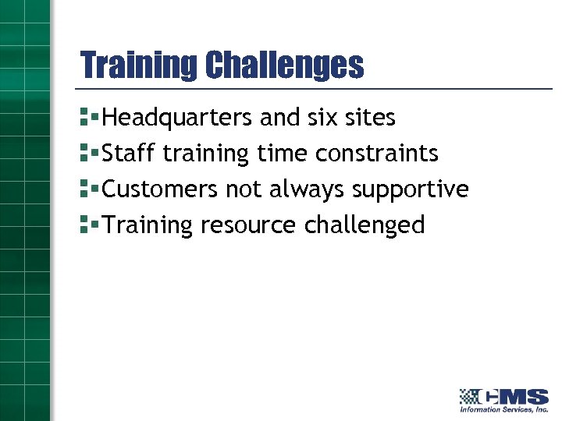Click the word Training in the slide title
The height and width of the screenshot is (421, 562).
click(x=139, y=65)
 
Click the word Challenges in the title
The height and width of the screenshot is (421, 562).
click(x=284, y=65)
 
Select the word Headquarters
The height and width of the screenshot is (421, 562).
click(x=177, y=118)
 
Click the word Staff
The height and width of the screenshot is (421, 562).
click(x=130, y=154)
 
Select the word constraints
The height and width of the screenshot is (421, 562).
click(x=377, y=154)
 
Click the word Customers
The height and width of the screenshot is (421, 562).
click(x=161, y=189)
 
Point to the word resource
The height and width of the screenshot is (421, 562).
click(x=248, y=225)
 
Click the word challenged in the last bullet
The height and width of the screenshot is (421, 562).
click(x=365, y=225)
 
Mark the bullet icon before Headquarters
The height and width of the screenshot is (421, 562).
click(x=88, y=118)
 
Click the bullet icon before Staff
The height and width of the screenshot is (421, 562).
click(x=88, y=154)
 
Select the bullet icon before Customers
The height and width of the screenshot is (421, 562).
click(x=88, y=189)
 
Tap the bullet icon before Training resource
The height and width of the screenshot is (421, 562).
click(x=88, y=225)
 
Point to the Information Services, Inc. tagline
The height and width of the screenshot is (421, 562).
click(x=503, y=409)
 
